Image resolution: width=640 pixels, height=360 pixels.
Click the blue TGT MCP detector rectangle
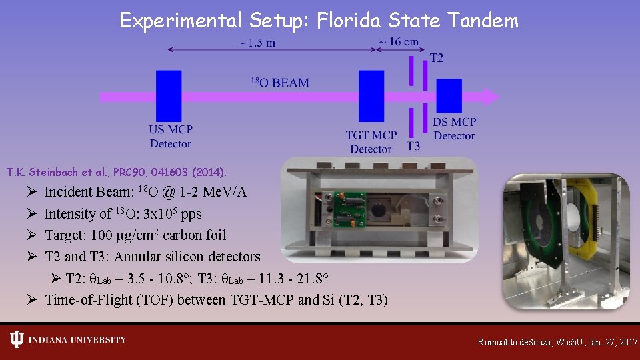371,96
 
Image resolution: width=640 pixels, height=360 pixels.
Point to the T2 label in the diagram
436,58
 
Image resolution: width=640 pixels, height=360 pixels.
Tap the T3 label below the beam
413,146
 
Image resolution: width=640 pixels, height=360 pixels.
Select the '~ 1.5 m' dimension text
255,43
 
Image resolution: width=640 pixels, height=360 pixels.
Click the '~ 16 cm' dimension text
399,41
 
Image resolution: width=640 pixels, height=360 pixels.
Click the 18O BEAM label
279,83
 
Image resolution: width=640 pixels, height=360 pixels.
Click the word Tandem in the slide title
483,21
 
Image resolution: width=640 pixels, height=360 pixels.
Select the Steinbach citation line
117,172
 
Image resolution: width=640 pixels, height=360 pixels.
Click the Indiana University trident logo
17,340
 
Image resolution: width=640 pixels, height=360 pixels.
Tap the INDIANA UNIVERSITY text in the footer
77,340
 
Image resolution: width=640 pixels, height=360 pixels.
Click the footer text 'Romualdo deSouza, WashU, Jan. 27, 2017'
557,342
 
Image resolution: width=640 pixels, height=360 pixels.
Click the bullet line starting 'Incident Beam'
145,192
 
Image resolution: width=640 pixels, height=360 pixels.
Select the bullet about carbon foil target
135,235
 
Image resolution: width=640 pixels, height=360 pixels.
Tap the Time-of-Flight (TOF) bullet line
216,300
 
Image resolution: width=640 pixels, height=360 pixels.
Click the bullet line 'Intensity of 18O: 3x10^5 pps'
123,214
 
